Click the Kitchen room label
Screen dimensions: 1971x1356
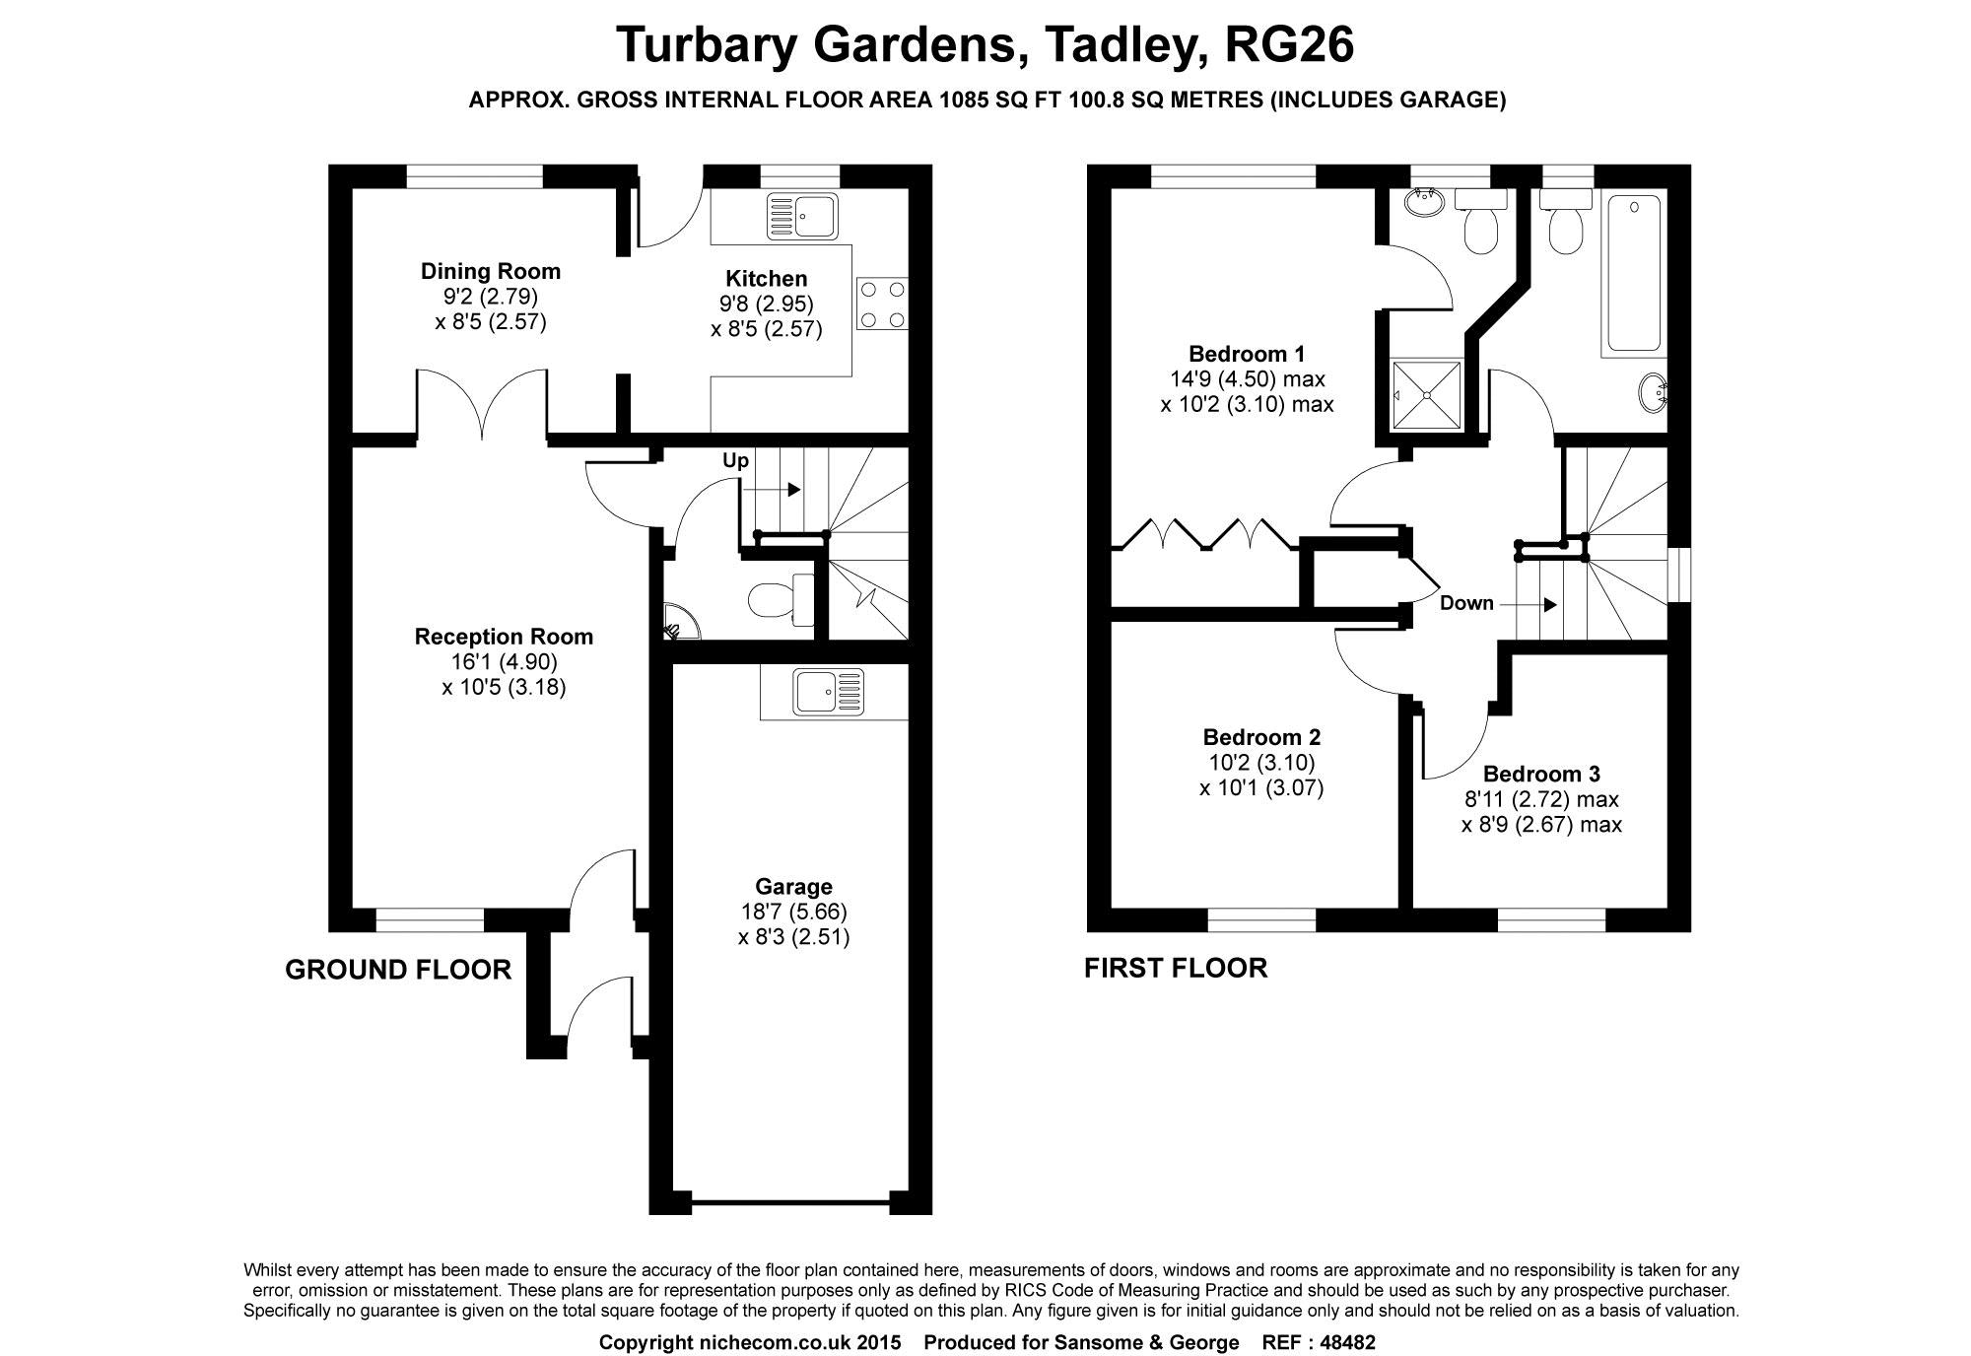766,279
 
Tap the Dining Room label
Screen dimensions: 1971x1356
490,271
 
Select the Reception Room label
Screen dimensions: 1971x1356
504,637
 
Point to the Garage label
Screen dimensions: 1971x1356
793,887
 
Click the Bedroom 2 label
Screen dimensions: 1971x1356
1261,737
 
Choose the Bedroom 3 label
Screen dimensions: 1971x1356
1541,775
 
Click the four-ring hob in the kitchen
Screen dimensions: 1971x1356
883,305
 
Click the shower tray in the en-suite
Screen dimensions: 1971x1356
1426,395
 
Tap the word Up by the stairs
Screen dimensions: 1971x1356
736,460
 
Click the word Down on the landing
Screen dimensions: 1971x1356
1466,603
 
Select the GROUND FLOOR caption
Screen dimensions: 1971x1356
398,970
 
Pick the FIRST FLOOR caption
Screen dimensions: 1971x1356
1176,968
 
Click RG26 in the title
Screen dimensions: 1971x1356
1288,44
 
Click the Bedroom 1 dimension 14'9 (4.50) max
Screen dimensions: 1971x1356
1247,378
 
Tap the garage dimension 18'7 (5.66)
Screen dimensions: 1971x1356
793,912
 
